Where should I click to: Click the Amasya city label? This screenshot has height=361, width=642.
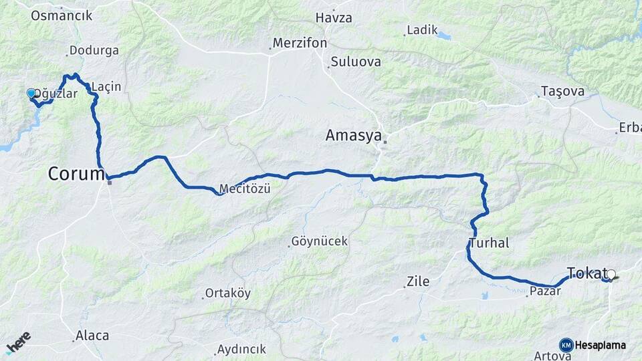[x=353, y=136]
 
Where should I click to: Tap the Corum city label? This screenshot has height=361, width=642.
[x=76, y=174]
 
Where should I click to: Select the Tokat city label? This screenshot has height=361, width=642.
[x=586, y=272]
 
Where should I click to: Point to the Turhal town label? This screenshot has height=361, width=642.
[x=489, y=243]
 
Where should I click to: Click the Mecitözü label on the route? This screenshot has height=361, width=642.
[x=245, y=189]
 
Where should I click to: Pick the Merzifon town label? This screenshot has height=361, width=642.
[x=300, y=43]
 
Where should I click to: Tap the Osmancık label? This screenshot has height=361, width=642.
[x=62, y=15]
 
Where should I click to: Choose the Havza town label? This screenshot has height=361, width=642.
[x=333, y=17]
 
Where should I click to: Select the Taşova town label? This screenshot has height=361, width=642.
[x=562, y=91]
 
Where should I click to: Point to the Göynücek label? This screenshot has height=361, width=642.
[x=320, y=241]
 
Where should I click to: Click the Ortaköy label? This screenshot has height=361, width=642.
[x=227, y=293]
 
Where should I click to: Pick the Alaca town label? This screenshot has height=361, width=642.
[x=92, y=336]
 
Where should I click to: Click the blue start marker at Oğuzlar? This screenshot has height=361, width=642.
[x=31, y=93]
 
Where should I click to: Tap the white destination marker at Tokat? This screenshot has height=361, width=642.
[x=611, y=274]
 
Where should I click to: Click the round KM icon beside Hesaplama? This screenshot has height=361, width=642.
[x=566, y=345]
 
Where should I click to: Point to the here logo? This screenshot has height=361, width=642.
[x=18, y=342]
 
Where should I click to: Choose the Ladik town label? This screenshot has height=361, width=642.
[x=422, y=29]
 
